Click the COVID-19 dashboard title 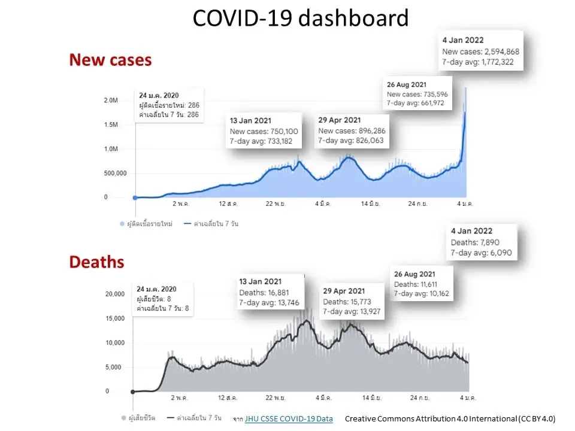click(x=300, y=18)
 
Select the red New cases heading click(x=110, y=60)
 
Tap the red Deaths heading click(x=97, y=262)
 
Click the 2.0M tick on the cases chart click(x=111, y=101)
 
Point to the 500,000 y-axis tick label click(x=115, y=173)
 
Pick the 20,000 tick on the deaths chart click(x=115, y=294)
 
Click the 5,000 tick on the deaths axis click(x=113, y=367)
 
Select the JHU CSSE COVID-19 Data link click(x=289, y=418)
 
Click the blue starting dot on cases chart click(x=135, y=198)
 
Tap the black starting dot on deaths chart click(x=133, y=391)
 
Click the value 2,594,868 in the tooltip click(x=501, y=51)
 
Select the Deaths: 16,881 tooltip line click(x=264, y=293)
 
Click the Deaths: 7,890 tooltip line click(x=475, y=242)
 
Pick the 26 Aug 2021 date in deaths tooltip click(x=414, y=274)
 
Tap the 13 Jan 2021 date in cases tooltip click(x=250, y=120)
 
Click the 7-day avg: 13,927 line click(x=352, y=311)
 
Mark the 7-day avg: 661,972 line click(x=416, y=103)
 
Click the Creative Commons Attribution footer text click(x=450, y=418)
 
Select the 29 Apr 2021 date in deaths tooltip click(x=344, y=291)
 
